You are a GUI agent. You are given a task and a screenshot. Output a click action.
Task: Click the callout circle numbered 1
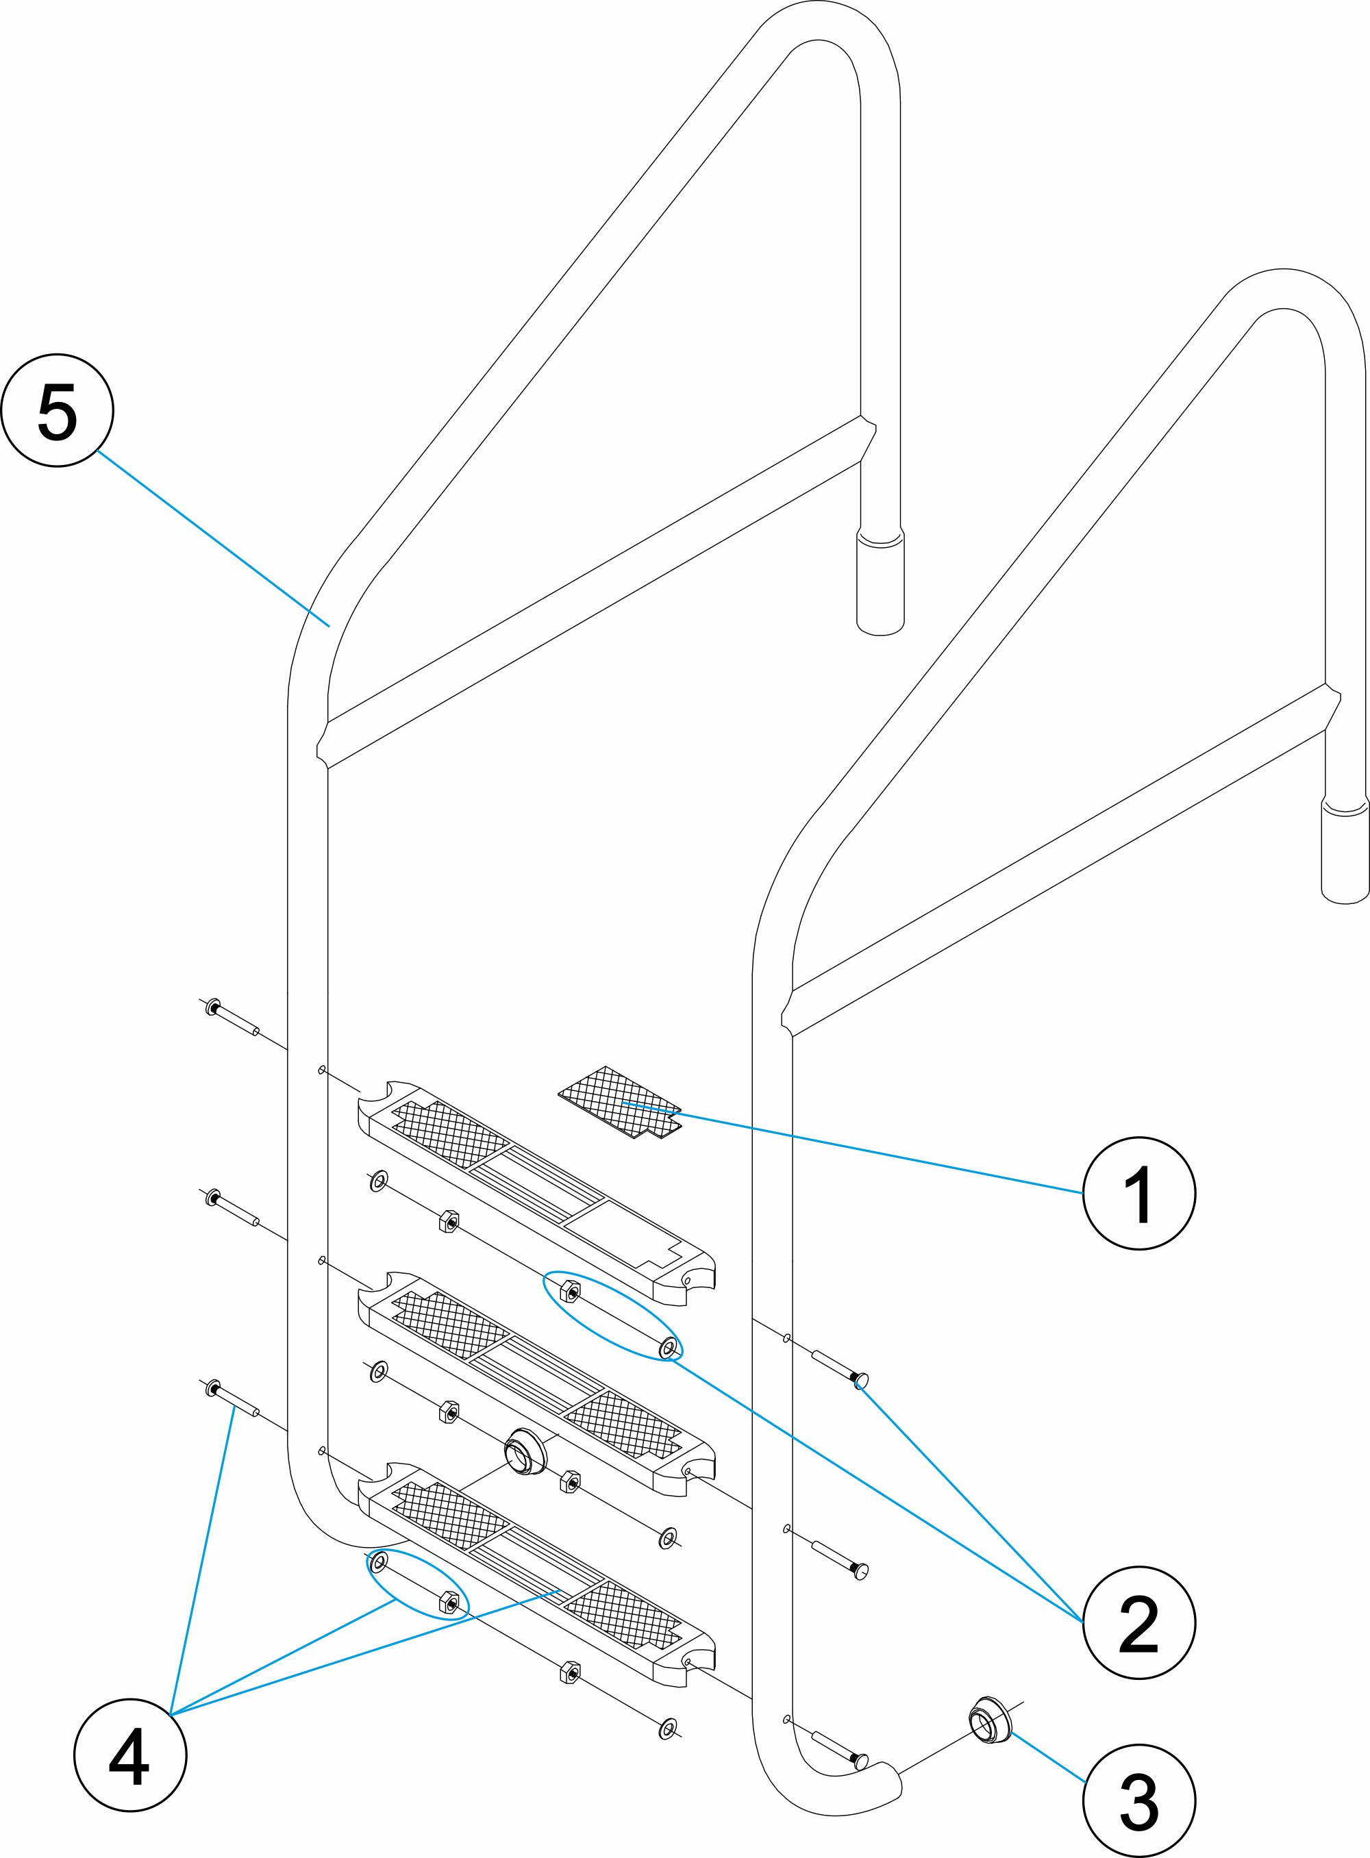(x=1138, y=1192)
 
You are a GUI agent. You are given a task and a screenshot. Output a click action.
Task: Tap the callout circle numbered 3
(x=1138, y=1800)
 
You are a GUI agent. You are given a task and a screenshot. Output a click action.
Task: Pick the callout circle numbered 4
(x=130, y=1755)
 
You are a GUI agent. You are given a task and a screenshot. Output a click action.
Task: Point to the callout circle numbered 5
(x=58, y=410)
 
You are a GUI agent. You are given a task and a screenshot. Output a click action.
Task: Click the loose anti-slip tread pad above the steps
(x=618, y=1102)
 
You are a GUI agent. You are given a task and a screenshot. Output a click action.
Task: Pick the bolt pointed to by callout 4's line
(x=232, y=1401)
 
